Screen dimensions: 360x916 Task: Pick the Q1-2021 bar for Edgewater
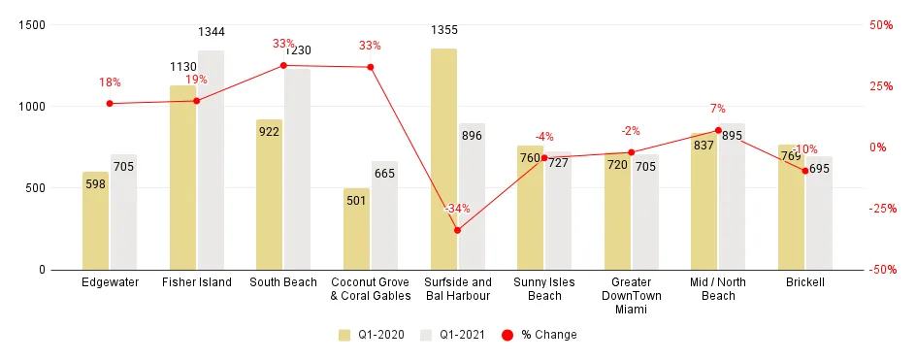tap(123, 213)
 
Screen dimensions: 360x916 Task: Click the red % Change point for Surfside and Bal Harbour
tap(457, 230)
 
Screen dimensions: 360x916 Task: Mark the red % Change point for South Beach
tap(283, 66)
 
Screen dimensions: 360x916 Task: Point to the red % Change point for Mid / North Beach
tap(718, 130)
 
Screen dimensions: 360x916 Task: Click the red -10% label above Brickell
tap(805, 149)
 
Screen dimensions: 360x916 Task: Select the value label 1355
tap(443, 31)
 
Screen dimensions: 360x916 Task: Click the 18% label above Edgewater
tap(110, 82)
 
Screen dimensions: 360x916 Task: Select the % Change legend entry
tap(535, 335)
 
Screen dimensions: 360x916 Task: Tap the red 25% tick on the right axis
tap(880, 86)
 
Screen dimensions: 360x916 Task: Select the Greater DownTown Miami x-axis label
tap(631, 295)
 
